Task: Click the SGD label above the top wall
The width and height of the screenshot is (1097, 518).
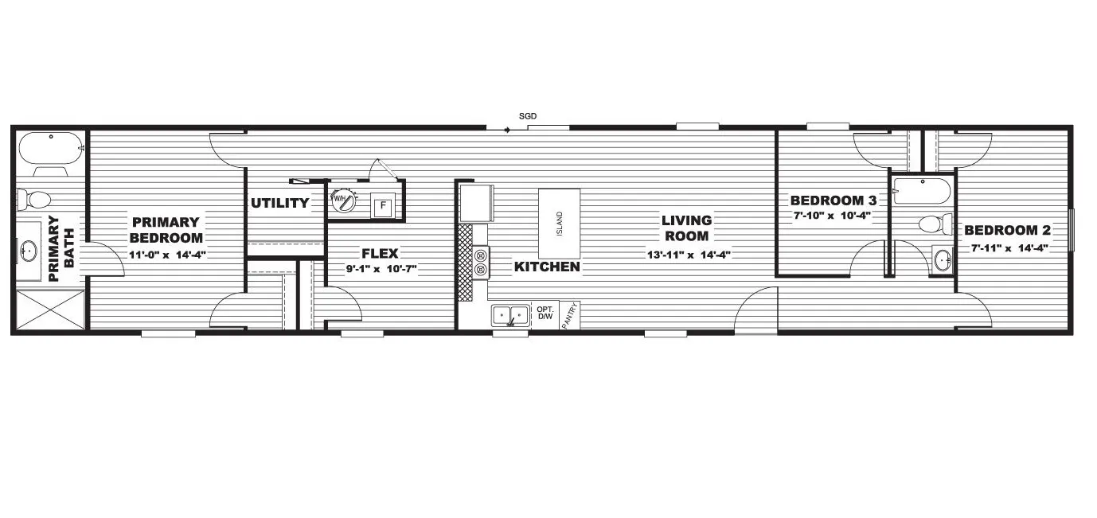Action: pos(528,116)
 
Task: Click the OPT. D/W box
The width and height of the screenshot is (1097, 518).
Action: pos(545,314)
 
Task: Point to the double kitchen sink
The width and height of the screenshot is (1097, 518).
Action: pos(510,316)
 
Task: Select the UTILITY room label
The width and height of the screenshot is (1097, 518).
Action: pos(280,203)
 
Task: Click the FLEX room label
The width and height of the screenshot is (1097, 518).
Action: pos(380,254)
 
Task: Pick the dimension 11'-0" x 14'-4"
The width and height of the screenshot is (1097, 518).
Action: pos(167,255)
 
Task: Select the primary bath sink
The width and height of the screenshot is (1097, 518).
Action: pos(29,252)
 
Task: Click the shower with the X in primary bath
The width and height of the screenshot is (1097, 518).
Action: pos(48,310)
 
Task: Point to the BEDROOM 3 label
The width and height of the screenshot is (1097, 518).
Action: pos(833,200)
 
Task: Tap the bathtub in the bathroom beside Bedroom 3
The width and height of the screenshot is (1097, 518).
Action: pos(921,191)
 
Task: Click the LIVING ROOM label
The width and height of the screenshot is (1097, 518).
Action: pos(686,228)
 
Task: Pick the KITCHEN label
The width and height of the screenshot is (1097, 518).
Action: pos(547,267)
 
